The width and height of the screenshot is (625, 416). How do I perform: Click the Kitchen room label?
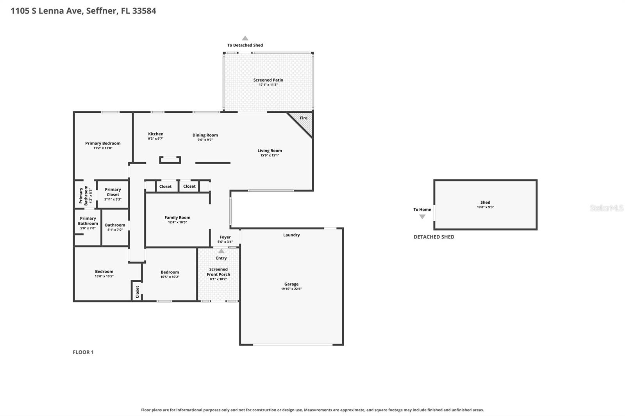click(156, 134)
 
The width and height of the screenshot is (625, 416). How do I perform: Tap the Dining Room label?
click(205, 135)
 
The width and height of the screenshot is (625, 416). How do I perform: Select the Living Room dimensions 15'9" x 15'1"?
click(270, 155)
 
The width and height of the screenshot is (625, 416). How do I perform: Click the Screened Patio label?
click(268, 80)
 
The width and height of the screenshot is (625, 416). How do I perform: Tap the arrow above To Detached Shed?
click(245, 38)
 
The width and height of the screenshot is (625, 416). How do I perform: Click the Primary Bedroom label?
click(103, 143)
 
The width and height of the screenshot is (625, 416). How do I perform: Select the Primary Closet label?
click(113, 192)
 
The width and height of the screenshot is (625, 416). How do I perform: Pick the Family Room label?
click(177, 217)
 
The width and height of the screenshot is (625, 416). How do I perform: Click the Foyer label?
click(225, 237)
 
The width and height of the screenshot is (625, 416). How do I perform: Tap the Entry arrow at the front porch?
click(221, 251)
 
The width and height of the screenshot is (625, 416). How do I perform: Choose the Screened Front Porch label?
click(218, 272)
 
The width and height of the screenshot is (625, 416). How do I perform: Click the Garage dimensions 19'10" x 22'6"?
click(291, 289)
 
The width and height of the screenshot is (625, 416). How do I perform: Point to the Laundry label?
click(291, 235)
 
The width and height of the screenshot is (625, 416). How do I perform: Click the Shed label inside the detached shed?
click(485, 203)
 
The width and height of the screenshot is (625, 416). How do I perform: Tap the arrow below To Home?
click(422, 217)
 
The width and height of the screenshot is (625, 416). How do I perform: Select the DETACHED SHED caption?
click(434, 237)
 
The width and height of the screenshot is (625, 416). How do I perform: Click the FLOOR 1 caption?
click(83, 352)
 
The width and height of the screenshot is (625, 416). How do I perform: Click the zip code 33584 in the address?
click(144, 11)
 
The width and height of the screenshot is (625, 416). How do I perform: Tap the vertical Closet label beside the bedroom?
click(137, 292)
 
